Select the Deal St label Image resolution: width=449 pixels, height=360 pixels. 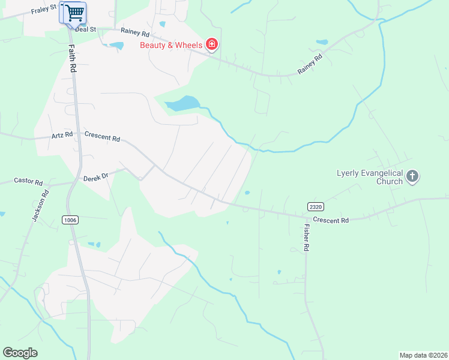tap(86, 28)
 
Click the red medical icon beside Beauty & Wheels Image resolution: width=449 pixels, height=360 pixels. tap(211, 44)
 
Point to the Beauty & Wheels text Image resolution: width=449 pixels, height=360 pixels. tap(170, 44)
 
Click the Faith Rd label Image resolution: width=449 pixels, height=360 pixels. tap(72, 59)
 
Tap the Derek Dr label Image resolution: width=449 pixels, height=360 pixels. tap(95, 176)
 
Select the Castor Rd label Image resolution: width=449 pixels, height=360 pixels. tap(28, 181)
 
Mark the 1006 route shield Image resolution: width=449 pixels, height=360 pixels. tap(70, 220)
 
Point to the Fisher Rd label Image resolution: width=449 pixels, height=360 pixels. tap(306, 238)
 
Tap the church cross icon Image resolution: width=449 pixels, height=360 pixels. tap(412, 176)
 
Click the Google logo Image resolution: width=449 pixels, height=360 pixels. tap(20, 353)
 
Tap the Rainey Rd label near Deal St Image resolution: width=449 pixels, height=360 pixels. tap(134, 31)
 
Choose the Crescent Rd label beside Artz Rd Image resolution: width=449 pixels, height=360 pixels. tap(102, 137)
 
